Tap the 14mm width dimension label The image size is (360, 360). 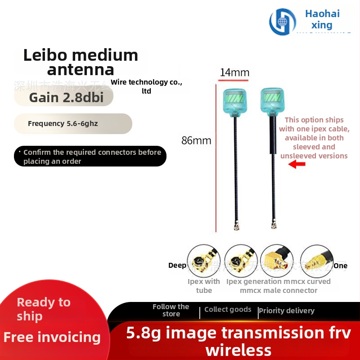[x=234, y=72]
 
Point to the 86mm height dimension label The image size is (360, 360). [x=196, y=140]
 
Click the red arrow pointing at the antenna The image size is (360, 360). [x=297, y=165]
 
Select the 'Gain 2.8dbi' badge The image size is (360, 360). [x=63, y=98]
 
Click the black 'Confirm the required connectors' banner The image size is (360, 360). [x=90, y=157]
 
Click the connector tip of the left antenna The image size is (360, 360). [x=235, y=227]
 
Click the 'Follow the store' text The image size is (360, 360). [x=171, y=310]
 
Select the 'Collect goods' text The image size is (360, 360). [x=228, y=310]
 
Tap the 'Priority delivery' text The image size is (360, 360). [x=287, y=310]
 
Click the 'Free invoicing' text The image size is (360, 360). [x=52, y=337]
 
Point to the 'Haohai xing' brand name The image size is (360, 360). [x=322, y=19]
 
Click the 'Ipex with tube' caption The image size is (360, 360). [x=204, y=286]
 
